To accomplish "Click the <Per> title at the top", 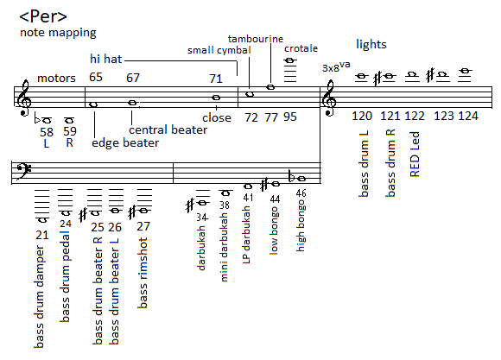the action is click(43, 17).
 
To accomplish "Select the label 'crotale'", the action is click(301, 48).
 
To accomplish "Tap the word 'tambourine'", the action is click(256, 39).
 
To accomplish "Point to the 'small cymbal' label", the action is click(219, 50).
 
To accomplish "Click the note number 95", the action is click(290, 117).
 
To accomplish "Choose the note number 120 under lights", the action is click(362, 116).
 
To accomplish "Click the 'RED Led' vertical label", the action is click(415, 154).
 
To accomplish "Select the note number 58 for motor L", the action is click(47, 131).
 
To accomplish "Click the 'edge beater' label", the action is click(125, 142).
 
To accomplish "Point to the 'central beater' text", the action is click(168, 129).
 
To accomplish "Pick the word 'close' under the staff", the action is click(217, 117).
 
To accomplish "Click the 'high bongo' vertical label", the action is click(301, 225).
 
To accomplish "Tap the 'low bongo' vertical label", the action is click(274, 231).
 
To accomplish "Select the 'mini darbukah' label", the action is click(225, 247).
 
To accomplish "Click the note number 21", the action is click(42, 235).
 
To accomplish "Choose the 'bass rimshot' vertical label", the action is click(143, 273).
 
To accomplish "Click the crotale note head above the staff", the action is click(289, 60).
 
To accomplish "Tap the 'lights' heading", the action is click(371, 44).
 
